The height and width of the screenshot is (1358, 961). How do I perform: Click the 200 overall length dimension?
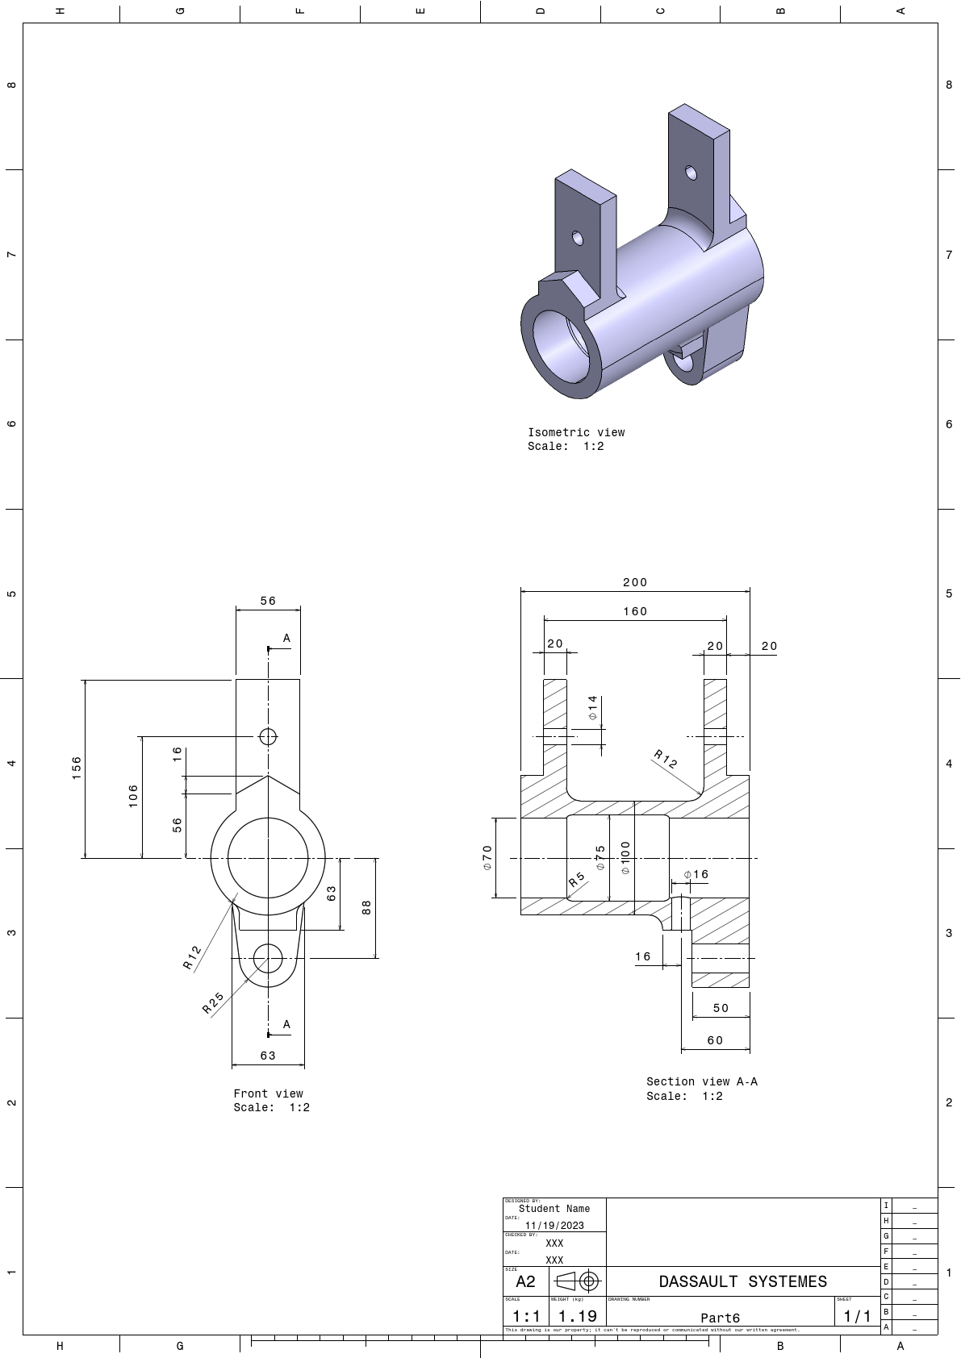[x=635, y=582]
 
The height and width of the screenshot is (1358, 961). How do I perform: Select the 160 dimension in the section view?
[x=635, y=611]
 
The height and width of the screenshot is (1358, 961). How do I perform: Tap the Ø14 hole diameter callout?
[x=593, y=707]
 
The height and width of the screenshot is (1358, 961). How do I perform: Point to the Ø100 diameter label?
[x=625, y=858]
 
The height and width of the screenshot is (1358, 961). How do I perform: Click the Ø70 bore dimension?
[x=487, y=857]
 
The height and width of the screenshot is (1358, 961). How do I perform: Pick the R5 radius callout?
[x=576, y=880]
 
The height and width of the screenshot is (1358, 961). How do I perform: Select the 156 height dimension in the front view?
[x=77, y=767]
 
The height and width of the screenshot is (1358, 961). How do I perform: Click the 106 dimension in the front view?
[x=133, y=795]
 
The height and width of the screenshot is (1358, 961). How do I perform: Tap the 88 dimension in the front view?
[x=367, y=907]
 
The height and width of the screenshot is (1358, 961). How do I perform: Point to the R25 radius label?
[x=212, y=1002]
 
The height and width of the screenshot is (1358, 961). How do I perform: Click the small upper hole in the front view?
[x=268, y=736]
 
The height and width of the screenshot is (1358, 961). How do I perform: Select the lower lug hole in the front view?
[x=268, y=959]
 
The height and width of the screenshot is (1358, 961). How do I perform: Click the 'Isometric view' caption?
[x=576, y=432]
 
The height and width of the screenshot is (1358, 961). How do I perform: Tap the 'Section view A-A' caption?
[x=701, y=1081]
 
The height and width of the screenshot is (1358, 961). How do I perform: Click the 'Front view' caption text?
[x=268, y=1093]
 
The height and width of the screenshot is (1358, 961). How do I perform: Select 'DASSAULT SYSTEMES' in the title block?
[x=742, y=1281]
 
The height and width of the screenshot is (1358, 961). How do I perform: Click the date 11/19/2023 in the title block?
[x=554, y=1225]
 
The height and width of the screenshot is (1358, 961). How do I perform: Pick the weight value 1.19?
[x=578, y=1316]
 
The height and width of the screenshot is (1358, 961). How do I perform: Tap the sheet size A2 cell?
[x=525, y=1281]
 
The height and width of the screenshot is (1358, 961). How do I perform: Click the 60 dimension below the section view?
[x=715, y=1040]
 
